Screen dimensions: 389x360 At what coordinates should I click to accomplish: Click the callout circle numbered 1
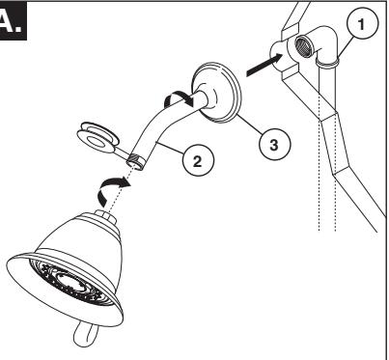coord(363,23)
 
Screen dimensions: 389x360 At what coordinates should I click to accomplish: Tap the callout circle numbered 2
coord(198,160)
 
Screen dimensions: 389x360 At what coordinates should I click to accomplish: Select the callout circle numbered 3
coord(274,144)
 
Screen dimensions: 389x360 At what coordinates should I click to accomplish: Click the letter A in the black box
coord(11,22)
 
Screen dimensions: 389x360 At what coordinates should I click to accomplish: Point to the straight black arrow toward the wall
coord(264,65)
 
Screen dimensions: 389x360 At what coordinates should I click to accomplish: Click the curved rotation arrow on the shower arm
coord(179,99)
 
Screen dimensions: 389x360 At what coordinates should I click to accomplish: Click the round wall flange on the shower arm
coord(217,93)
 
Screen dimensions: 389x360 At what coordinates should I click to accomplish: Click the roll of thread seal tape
coord(97,138)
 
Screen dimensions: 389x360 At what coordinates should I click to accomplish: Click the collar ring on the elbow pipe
coord(327,62)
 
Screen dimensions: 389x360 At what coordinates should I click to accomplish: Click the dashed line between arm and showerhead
coord(121,187)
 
